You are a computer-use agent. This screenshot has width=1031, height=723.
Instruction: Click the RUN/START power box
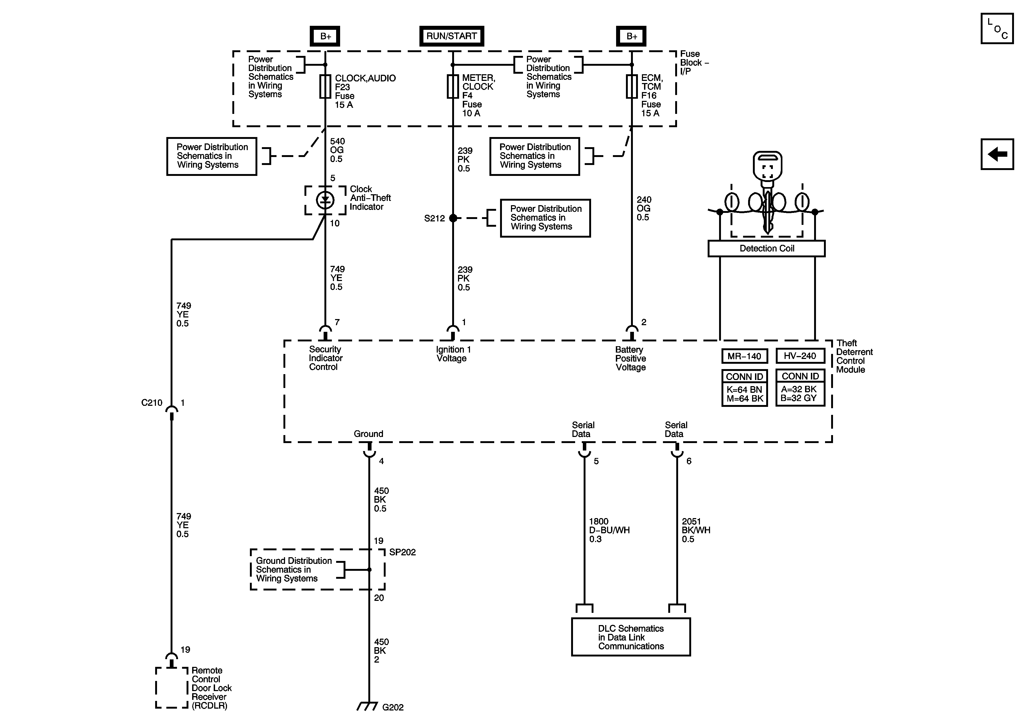(451, 36)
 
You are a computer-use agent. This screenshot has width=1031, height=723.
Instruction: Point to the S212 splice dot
(453, 218)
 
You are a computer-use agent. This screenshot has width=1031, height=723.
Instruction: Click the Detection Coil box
(766, 248)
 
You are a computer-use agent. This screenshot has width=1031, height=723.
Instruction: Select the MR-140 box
(745, 356)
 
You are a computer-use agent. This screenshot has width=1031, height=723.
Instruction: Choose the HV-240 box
(800, 356)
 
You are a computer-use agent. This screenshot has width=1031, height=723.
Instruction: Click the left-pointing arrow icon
(997, 154)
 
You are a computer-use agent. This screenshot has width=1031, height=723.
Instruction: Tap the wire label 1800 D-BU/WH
(609, 530)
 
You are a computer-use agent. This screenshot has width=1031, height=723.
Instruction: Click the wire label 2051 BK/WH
(696, 530)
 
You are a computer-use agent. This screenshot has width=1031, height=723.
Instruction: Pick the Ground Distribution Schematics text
(294, 569)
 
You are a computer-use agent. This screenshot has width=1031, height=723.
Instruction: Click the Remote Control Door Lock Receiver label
(212, 688)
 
